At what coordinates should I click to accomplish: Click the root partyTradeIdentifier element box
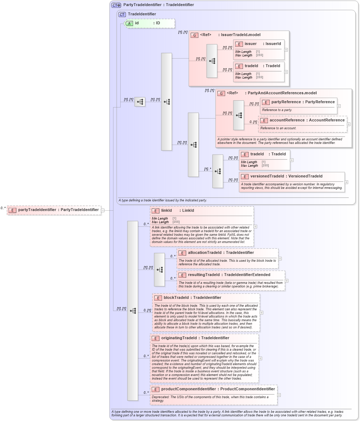point(54,210)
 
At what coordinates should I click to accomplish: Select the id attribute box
point(149,23)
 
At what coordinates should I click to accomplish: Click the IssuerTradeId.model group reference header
point(230,35)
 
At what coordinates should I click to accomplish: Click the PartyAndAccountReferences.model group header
point(272,93)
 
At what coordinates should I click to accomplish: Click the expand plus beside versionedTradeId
point(346,182)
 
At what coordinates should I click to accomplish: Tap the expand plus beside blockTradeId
point(262,312)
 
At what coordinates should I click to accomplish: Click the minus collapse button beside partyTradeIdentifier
point(102,210)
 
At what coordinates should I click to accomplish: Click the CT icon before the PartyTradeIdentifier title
point(116,5)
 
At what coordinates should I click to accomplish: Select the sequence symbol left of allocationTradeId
point(159,270)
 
